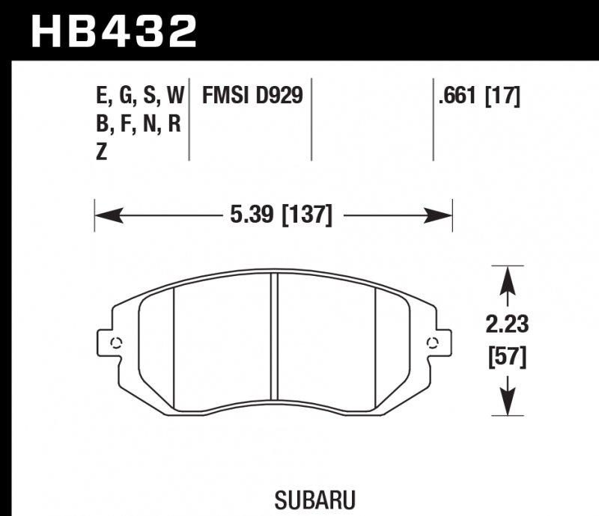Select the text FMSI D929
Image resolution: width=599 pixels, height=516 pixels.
[252, 96]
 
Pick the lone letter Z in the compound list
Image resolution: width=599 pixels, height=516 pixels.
[103, 152]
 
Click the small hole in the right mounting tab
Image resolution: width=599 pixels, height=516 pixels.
[431, 343]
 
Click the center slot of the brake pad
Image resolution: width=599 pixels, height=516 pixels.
[273, 340]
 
